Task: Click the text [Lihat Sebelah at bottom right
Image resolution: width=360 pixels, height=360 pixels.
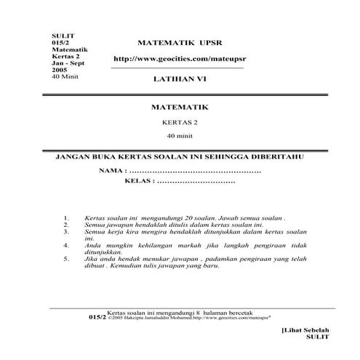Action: (305, 331)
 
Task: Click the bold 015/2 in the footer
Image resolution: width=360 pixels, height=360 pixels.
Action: (97, 317)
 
